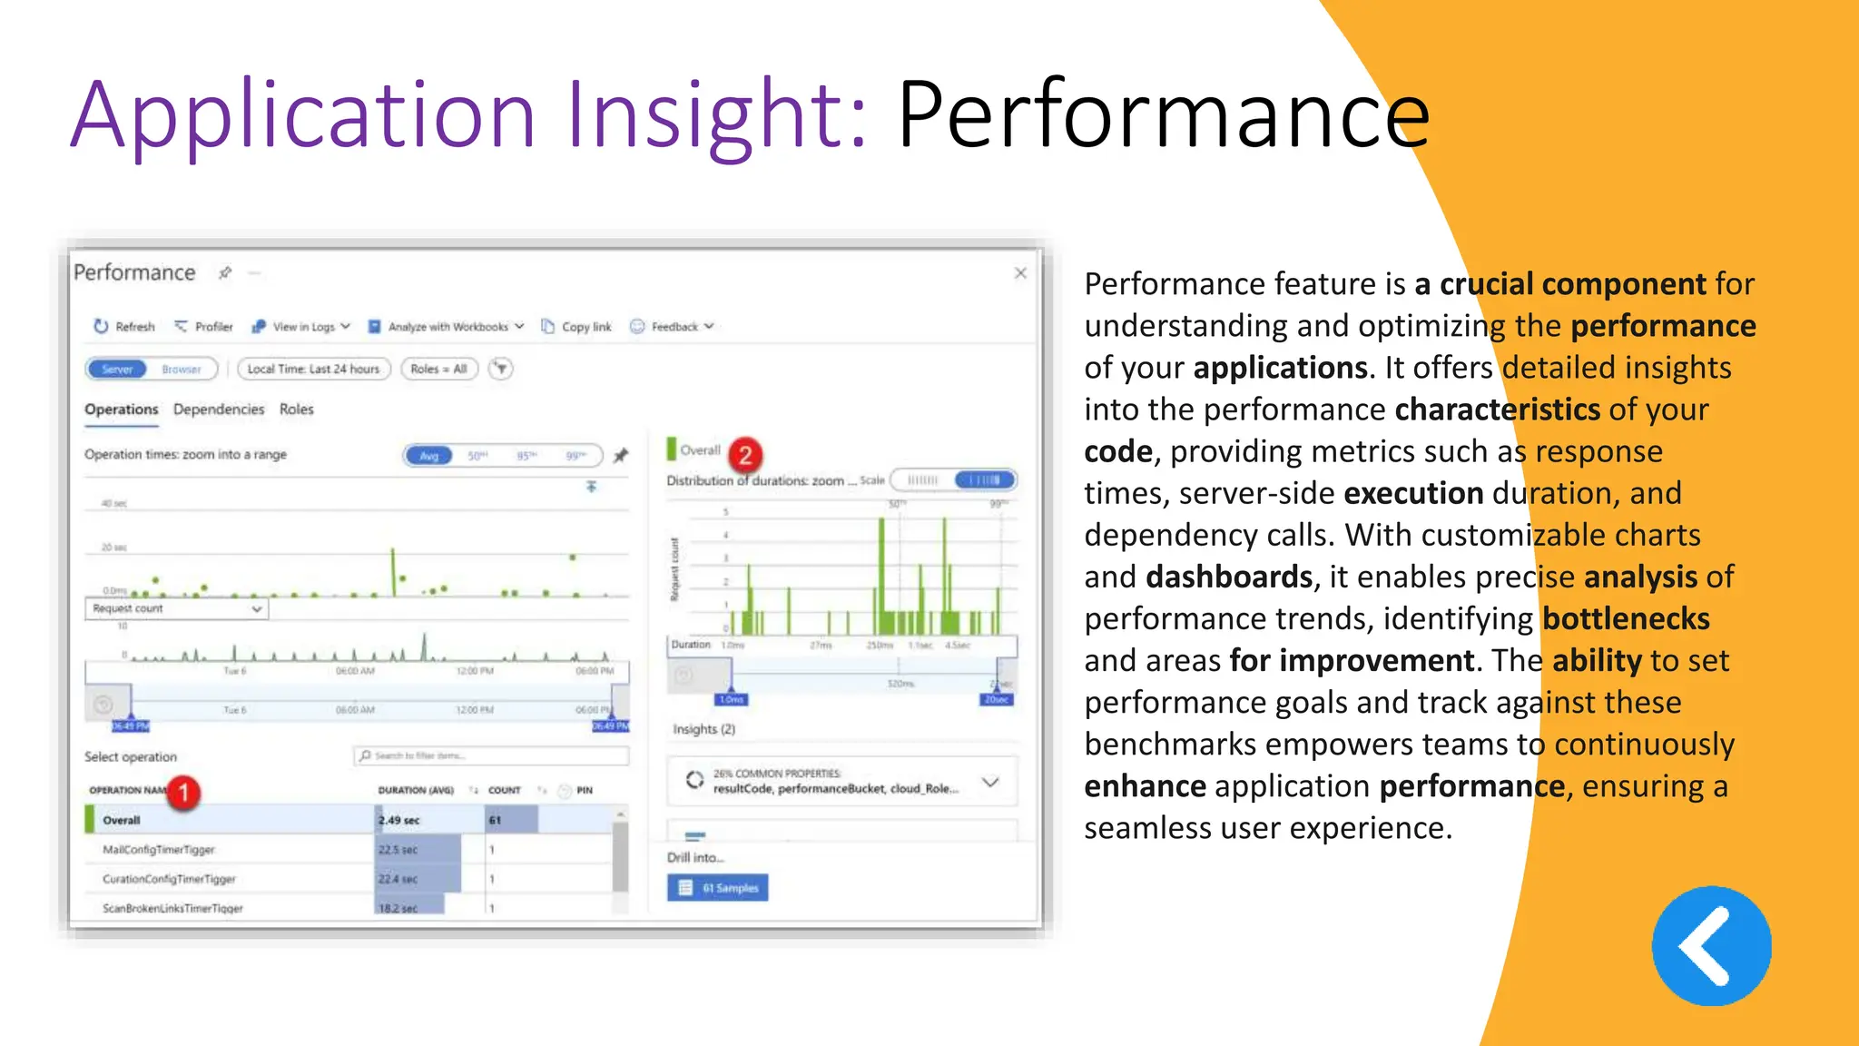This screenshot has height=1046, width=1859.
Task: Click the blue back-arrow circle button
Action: pos(1711,946)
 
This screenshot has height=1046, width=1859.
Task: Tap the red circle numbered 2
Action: pos(745,455)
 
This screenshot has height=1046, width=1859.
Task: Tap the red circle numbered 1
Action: pos(183,793)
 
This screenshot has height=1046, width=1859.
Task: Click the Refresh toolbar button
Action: pos(125,327)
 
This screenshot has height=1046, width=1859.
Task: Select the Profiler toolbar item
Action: pos(204,327)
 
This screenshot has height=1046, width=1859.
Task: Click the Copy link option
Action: pos(577,327)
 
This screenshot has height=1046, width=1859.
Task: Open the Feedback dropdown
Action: pos(673,327)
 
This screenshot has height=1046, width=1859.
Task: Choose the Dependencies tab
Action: pos(219,410)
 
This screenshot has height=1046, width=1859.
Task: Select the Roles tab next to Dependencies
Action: pos(296,410)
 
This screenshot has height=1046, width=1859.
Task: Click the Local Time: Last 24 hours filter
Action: pos(313,370)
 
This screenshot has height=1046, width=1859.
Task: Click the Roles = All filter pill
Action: pos(438,370)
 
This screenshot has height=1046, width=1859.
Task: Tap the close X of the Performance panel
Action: pos(1020,273)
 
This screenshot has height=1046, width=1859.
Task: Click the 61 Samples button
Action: pos(717,888)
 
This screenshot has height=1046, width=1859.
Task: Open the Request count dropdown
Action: pos(177,609)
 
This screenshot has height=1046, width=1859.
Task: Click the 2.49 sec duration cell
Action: pos(399,821)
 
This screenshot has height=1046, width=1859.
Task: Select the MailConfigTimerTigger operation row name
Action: pos(159,850)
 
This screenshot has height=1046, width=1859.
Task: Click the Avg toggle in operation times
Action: pos(428,456)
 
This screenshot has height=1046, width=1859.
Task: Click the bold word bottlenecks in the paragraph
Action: pos(1626,619)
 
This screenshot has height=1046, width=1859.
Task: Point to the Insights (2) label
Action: pos(703,729)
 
